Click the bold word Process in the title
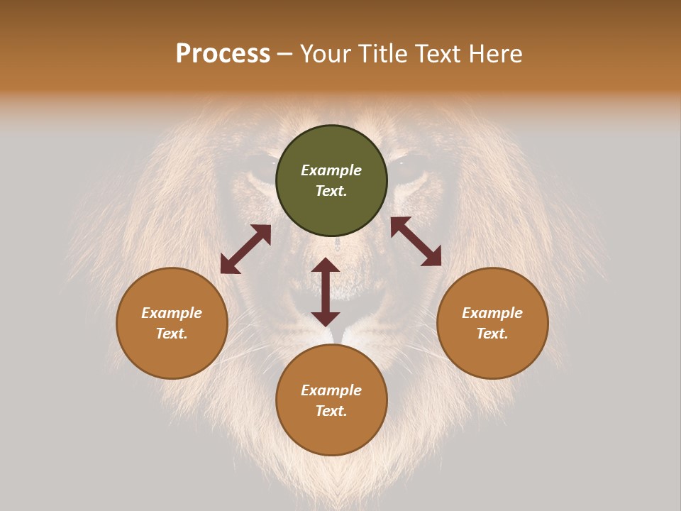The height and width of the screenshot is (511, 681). coord(223,54)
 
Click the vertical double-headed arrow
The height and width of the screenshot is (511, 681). coord(326,292)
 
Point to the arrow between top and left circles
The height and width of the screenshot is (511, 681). coord(245,249)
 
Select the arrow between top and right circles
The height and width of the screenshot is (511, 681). coord(416,241)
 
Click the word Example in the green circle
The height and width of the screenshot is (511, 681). coord(331,170)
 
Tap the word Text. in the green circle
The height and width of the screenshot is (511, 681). coord(331,191)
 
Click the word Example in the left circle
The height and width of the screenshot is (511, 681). coord(172,313)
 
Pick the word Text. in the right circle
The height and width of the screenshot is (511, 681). coord(492,334)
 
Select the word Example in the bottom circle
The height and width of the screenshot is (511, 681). coord(331,390)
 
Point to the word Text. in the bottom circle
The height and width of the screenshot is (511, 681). coord(331,411)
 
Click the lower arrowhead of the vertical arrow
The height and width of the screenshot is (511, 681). coord(326,317)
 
